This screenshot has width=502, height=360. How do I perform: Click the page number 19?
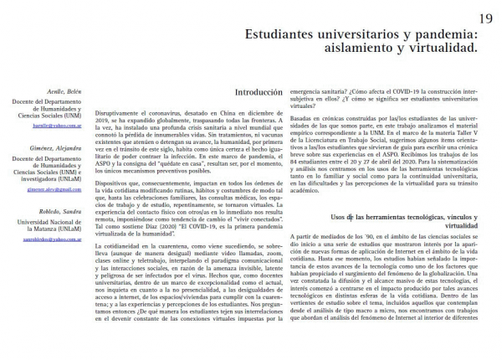point(485,18)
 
